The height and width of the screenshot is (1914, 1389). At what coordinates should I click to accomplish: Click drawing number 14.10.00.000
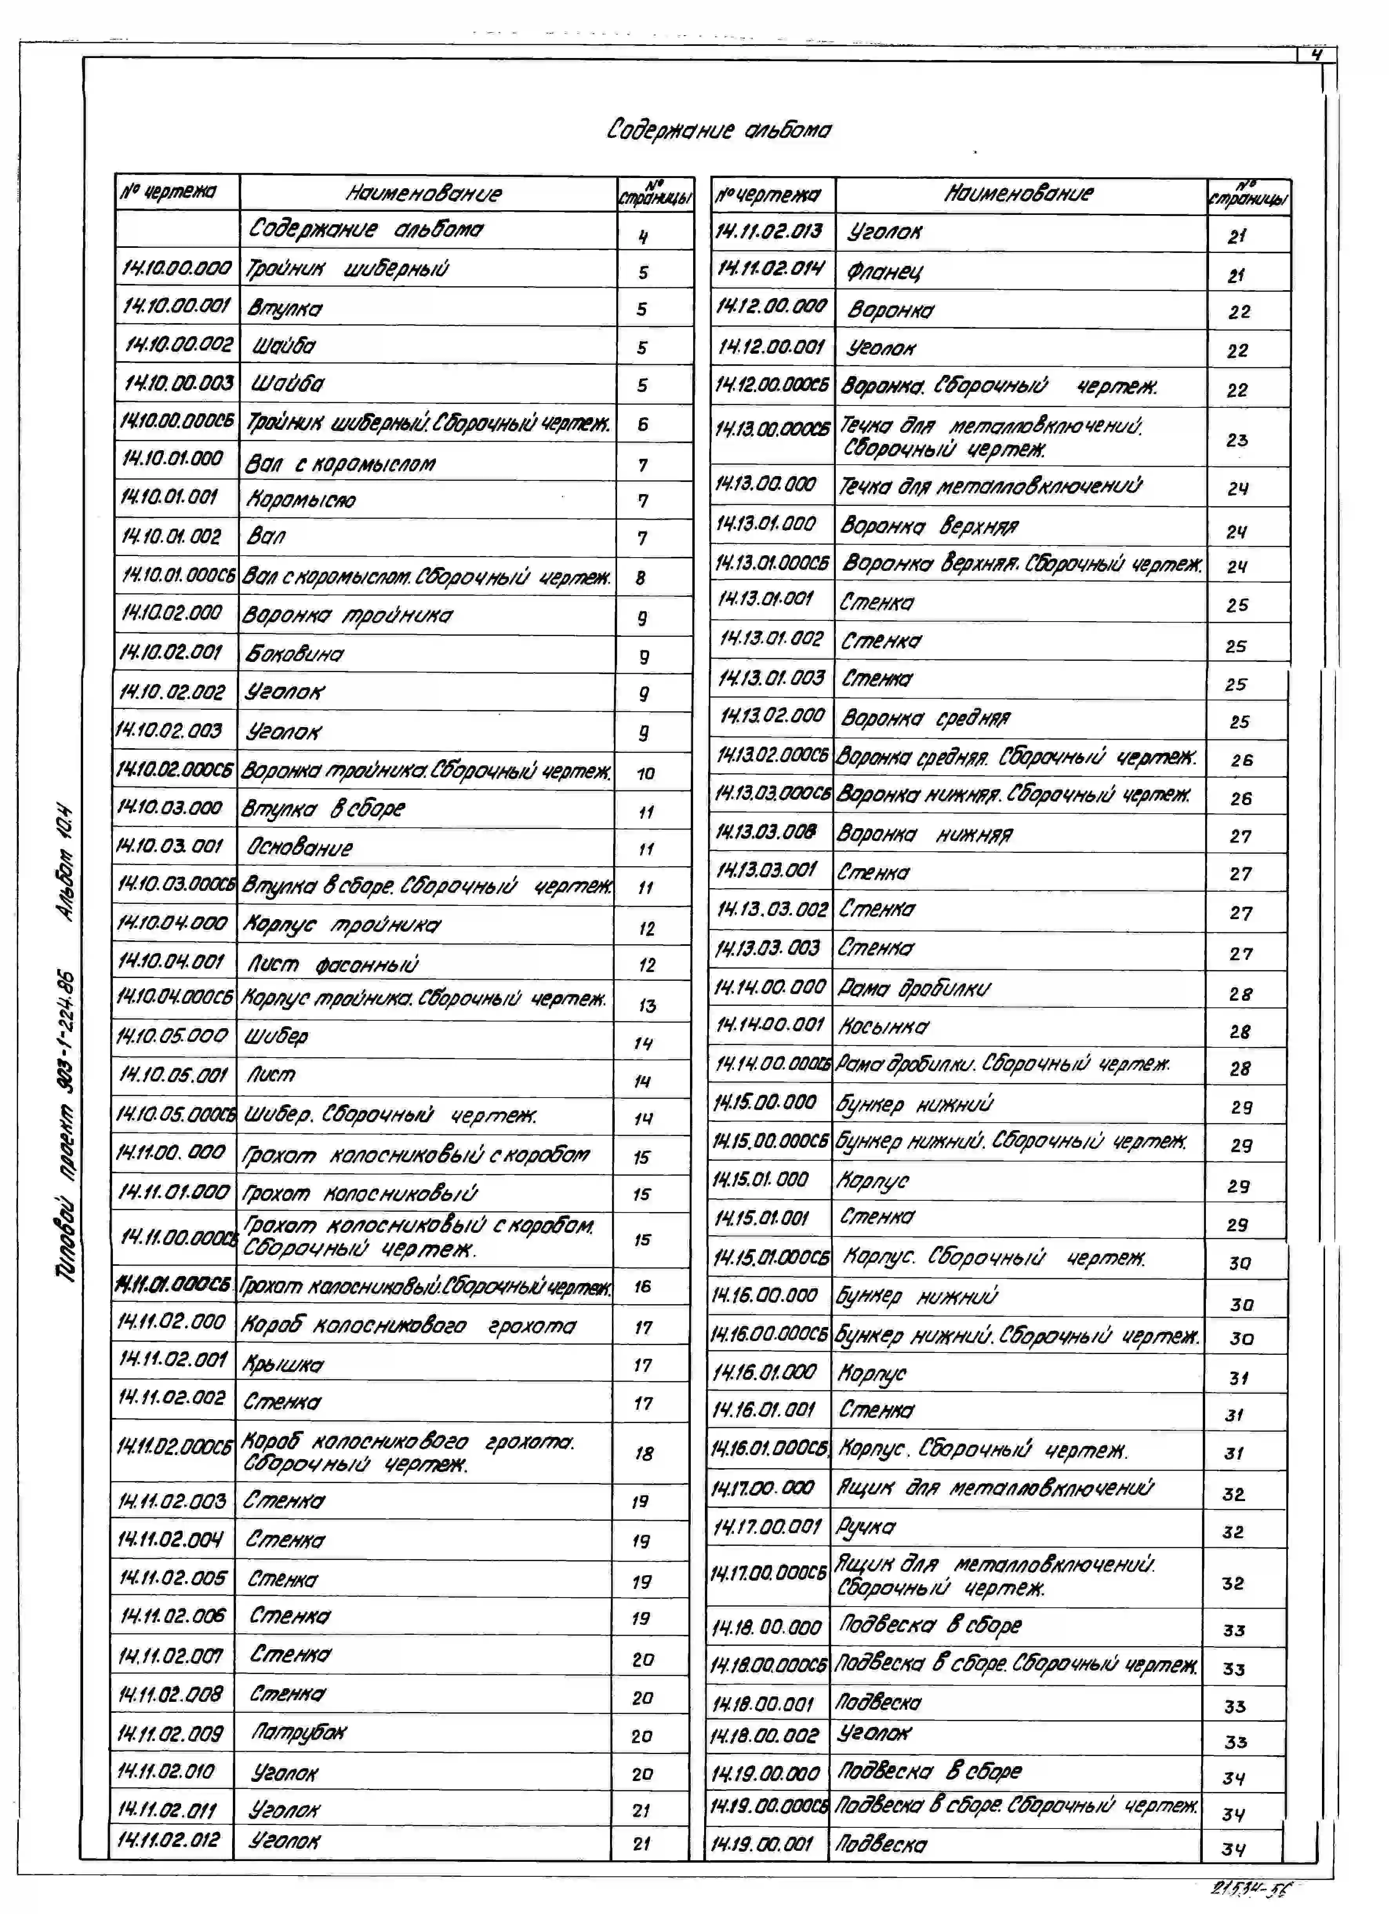click(x=176, y=268)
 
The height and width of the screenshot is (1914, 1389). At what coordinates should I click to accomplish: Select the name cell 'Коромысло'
click(x=300, y=500)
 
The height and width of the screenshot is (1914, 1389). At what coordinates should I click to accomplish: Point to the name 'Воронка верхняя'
click(x=928, y=527)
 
